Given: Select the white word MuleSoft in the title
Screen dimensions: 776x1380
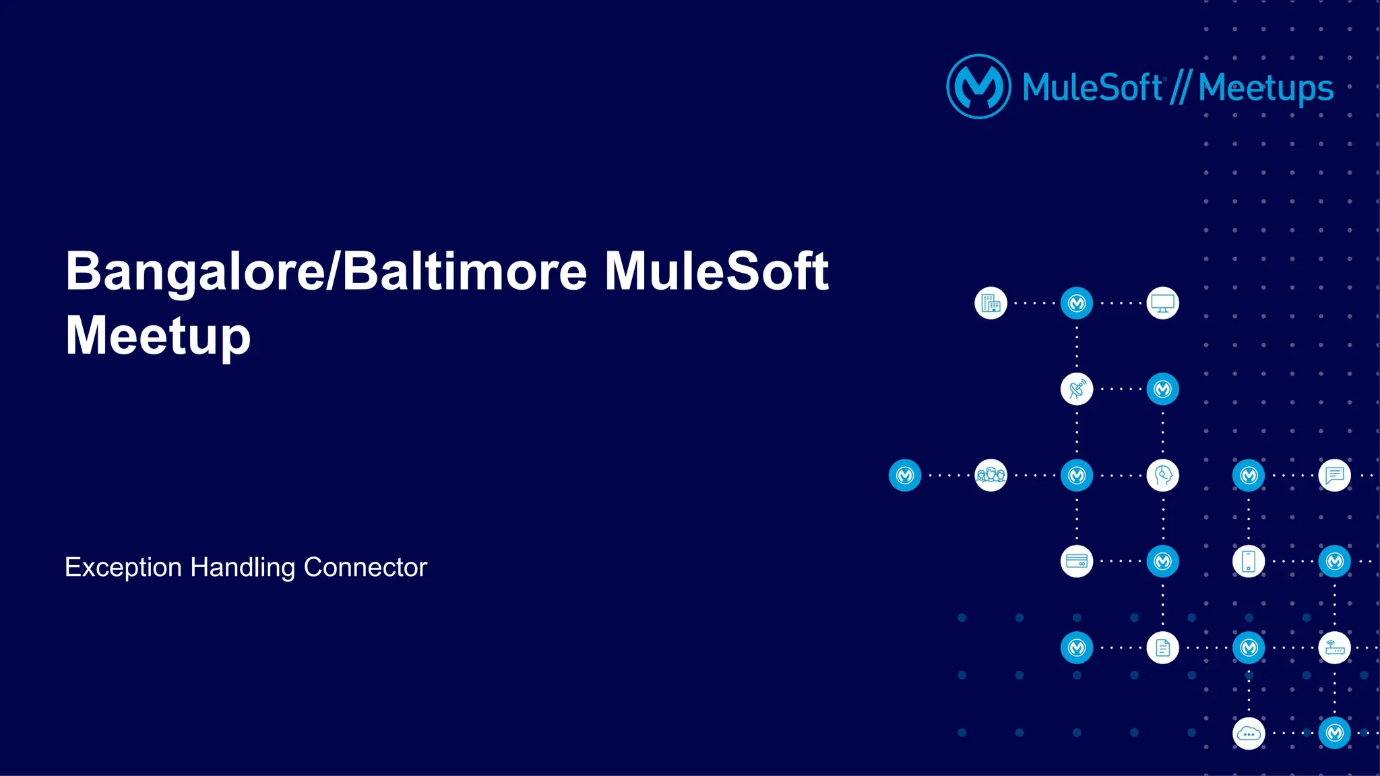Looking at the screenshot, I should coord(716,272).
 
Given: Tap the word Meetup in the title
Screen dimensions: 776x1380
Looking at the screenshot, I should coord(158,336).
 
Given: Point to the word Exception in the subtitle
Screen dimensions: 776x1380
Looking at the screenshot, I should coord(123,567).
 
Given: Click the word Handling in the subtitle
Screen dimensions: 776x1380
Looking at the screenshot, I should coord(243,567).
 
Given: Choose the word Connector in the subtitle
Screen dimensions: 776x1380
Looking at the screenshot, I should coord(365,567).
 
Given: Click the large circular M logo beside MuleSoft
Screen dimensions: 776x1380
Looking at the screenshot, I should coord(978,87).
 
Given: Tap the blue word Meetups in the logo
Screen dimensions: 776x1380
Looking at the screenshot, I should coord(1265,88).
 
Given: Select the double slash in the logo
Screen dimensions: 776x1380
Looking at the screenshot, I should coord(1180,88).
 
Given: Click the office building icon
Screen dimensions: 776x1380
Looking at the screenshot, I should coord(991,303).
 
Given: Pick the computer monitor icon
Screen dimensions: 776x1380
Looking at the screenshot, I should coord(1162,303).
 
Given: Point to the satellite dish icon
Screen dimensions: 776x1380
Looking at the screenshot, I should coord(1077,389).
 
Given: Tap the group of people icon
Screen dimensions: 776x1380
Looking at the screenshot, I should coord(991,476).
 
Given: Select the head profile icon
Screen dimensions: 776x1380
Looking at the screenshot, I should coord(1162,476).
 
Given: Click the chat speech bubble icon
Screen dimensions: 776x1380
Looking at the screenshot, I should coord(1334,476).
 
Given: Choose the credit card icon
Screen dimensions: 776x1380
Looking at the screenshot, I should coord(1077,561).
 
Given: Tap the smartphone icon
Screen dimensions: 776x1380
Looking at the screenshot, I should coord(1249,561).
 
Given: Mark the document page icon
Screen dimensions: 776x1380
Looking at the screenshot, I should coord(1162,647).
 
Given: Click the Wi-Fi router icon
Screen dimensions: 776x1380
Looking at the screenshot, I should coord(1334,647).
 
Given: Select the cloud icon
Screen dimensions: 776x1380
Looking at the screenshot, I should coord(1249,733).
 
